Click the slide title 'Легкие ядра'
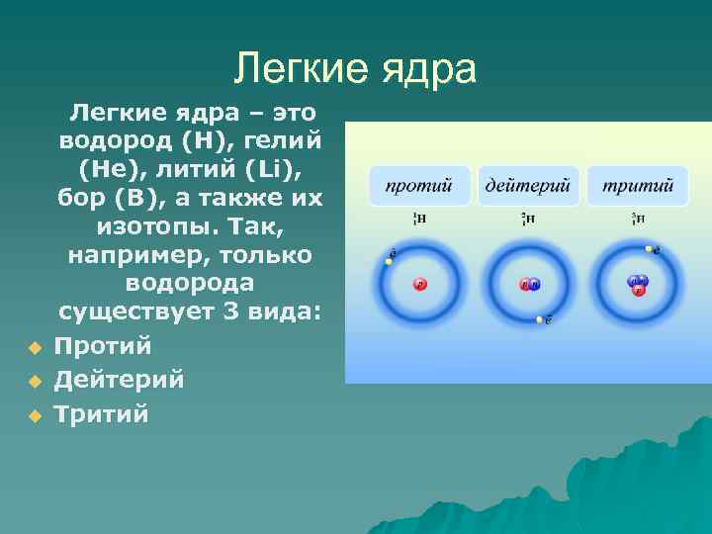click(x=356, y=67)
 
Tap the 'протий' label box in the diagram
click(x=418, y=185)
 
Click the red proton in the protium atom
click(x=419, y=285)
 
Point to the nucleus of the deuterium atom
click(x=530, y=285)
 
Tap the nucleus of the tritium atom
click(x=639, y=285)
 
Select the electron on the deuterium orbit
click(x=540, y=319)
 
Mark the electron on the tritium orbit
click(x=649, y=249)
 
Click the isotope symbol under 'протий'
click(x=418, y=219)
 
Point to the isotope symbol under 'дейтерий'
click(x=529, y=219)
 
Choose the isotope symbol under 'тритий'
click(x=638, y=219)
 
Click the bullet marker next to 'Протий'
click(x=33, y=348)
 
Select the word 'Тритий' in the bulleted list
click(x=101, y=414)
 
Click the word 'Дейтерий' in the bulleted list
click(x=119, y=380)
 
